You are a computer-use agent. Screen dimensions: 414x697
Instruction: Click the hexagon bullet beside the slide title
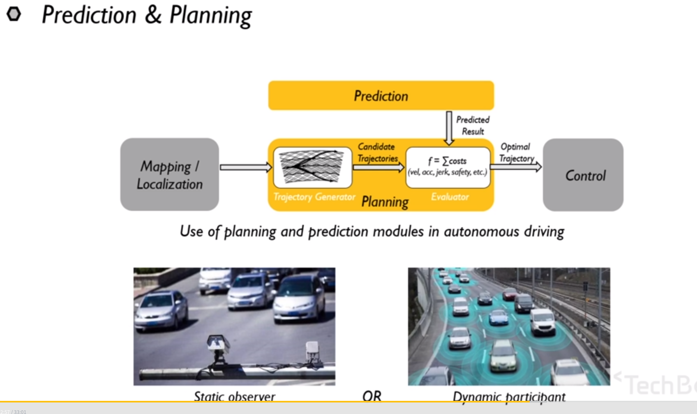(x=14, y=14)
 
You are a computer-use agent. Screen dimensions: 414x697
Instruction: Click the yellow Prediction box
(x=381, y=96)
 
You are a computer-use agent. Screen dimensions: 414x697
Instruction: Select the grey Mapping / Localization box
(x=169, y=175)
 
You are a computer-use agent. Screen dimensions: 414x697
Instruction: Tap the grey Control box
(x=583, y=175)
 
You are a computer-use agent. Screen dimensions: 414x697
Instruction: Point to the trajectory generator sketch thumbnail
(x=312, y=167)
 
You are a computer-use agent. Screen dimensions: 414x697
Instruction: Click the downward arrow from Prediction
(x=449, y=128)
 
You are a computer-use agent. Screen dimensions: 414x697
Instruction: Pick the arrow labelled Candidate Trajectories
(x=379, y=168)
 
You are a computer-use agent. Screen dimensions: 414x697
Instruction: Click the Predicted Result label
(x=473, y=125)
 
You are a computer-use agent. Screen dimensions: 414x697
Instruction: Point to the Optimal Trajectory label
(x=516, y=153)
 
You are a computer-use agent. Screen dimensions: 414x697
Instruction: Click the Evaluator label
(x=450, y=197)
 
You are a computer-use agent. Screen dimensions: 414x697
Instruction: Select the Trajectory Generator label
(x=314, y=197)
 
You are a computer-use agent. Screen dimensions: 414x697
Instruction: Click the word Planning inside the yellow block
(x=385, y=202)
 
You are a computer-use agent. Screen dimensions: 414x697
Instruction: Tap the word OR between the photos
(x=372, y=396)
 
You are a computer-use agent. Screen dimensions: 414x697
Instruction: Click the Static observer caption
(x=234, y=396)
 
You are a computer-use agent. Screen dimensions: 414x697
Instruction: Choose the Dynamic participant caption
(x=509, y=396)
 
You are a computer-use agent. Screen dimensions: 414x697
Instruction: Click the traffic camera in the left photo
(x=218, y=345)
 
